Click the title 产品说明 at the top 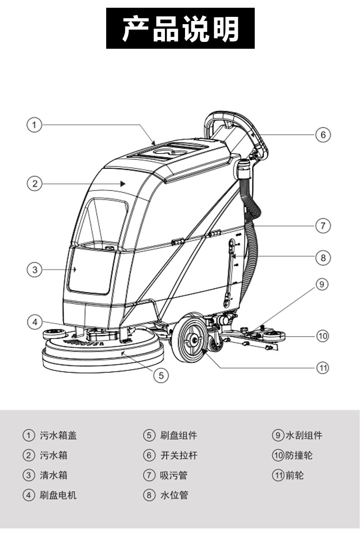pos(180,28)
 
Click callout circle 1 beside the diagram pos(34,124)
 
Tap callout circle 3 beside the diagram pos(34,269)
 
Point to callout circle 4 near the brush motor pos(34,322)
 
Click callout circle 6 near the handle pos(323,135)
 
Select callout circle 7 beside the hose pos(323,225)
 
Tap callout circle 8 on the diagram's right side pos(323,257)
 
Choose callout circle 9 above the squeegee pos(322,284)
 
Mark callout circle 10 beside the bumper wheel pos(323,336)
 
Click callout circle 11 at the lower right pos(323,368)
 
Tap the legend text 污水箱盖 pos(58,436)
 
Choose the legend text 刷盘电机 pos(58,495)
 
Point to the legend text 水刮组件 pos(304,436)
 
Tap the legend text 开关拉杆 pos(179,455)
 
